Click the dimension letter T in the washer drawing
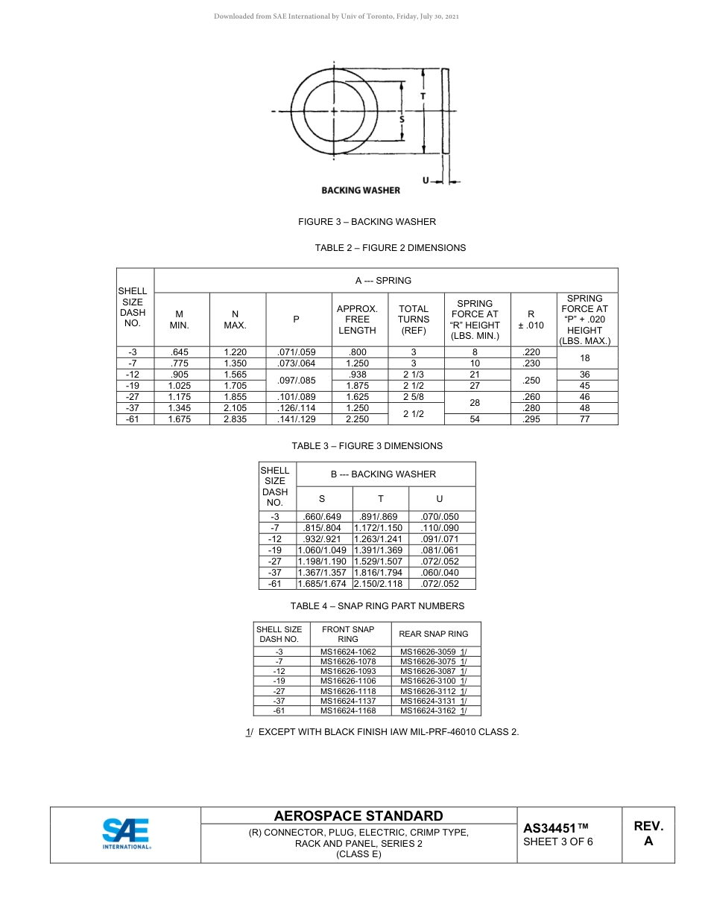[423, 96]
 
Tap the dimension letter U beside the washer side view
[425, 180]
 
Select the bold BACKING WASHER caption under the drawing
[361, 191]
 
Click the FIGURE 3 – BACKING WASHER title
[367, 222]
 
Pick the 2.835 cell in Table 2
[235, 419]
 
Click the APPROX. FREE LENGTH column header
[357, 319]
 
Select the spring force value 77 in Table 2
[585, 419]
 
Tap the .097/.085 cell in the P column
[296, 381]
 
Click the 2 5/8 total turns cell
[414, 397]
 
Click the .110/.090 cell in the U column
[440, 528]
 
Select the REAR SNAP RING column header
[434, 634]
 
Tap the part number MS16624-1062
[348, 652]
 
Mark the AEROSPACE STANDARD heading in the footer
[358, 816]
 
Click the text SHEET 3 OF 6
[558, 842]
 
